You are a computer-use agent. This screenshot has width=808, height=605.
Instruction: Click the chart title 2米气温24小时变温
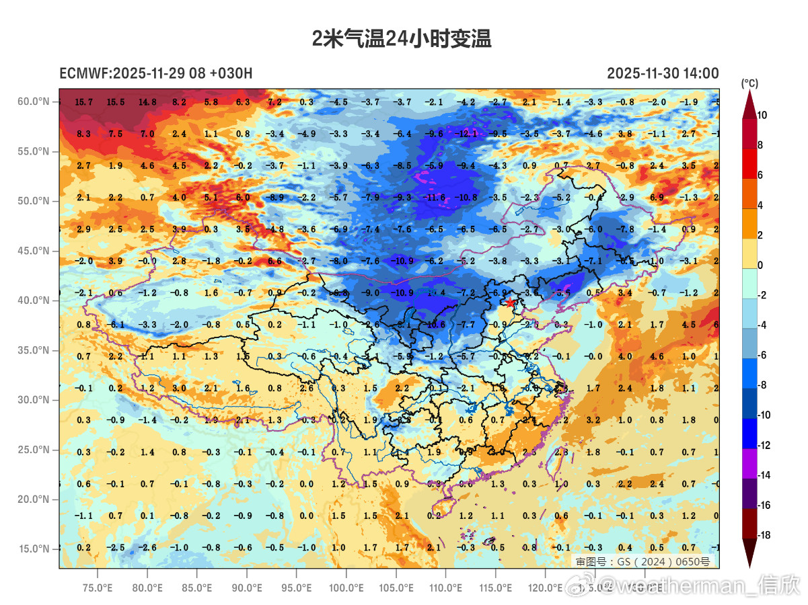[x=402, y=39]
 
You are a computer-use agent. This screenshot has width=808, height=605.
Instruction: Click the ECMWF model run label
[x=156, y=73]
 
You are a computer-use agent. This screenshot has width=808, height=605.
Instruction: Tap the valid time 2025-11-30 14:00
[x=662, y=73]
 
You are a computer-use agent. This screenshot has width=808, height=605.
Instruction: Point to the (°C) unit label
[x=749, y=83]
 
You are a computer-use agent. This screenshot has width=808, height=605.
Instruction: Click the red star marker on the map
[x=510, y=302]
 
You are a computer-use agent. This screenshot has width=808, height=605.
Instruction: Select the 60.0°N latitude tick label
[x=34, y=102]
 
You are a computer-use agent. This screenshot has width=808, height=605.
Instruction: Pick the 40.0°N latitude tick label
[x=34, y=300]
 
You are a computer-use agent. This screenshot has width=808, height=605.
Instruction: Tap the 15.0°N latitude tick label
[x=34, y=549]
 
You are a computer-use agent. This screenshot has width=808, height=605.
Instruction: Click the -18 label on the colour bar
[x=764, y=535]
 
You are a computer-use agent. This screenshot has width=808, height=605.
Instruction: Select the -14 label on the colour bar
[x=764, y=475]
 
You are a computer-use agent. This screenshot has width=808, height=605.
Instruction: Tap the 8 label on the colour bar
[x=761, y=145]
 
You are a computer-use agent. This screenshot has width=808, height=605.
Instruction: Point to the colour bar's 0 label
[x=761, y=265]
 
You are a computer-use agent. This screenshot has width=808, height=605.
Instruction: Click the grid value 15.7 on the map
[x=84, y=102]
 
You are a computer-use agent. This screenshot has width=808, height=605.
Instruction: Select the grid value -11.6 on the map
[x=436, y=198]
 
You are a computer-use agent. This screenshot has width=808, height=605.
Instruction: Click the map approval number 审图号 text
[x=642, y=561]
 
